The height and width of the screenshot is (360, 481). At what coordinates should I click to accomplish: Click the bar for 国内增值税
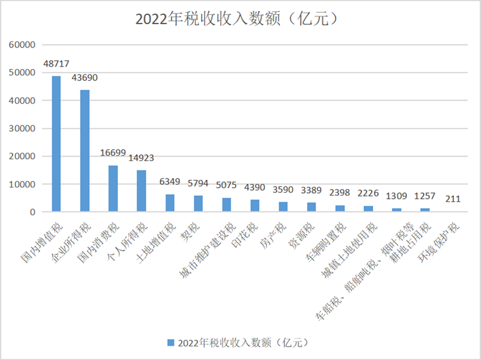(56, 144)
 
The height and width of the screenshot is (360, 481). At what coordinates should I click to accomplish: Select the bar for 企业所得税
(85, 151)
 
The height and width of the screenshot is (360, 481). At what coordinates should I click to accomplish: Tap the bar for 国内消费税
(113, 189)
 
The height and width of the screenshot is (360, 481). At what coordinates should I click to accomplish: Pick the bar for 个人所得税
(141, 191)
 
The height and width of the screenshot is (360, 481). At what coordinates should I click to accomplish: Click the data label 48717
(56, 63)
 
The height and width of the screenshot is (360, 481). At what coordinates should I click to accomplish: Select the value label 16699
(113, 153)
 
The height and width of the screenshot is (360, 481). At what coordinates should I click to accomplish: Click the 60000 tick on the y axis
(24, 45)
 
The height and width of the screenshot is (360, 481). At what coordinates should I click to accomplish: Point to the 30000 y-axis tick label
(24, 129)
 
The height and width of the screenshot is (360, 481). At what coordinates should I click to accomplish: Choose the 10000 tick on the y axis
(24, 185)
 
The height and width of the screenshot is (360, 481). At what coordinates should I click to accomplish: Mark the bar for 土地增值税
(170, 203)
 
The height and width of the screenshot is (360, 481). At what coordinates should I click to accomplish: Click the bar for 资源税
(311, 207)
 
